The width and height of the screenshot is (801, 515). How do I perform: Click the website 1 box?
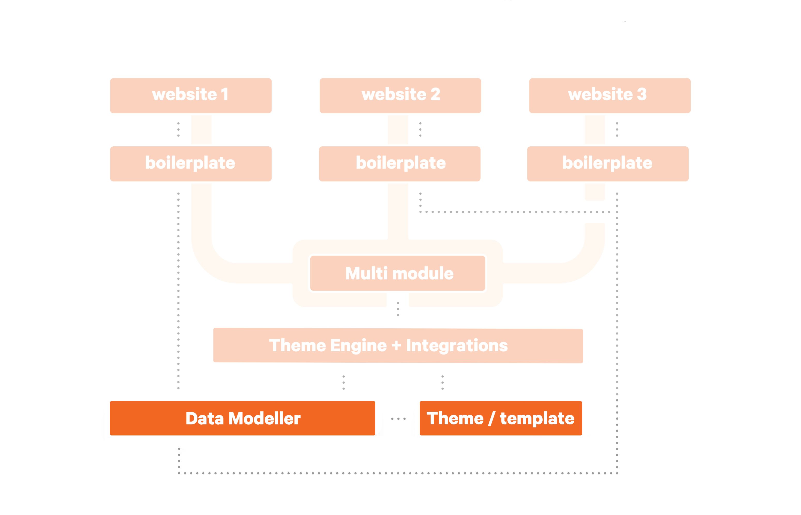191,96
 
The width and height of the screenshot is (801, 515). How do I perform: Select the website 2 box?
400,96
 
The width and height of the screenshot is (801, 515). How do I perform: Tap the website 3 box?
610,96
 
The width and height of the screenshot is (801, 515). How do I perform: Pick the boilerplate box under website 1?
191,164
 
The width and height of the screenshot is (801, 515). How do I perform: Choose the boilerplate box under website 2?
400,164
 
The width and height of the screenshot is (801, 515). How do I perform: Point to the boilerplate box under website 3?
608,164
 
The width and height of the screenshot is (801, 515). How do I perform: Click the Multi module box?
398,273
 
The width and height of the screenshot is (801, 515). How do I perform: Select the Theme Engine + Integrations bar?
398,345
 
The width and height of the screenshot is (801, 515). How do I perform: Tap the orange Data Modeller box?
243,418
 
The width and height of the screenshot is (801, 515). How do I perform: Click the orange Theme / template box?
501,418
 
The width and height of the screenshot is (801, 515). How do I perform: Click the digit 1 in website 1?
225,94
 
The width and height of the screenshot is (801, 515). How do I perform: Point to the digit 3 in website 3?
642,94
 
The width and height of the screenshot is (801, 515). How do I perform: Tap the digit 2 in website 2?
435,94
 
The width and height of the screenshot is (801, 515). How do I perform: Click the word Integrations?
457,345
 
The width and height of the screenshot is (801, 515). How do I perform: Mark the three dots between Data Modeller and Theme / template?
398,419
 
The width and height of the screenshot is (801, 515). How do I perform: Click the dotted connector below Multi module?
398,309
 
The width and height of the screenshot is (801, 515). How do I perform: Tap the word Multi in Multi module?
366,273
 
